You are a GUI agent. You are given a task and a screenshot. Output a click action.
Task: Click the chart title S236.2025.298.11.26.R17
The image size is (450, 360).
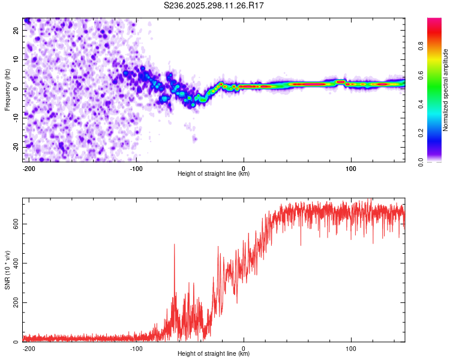coord(214,5)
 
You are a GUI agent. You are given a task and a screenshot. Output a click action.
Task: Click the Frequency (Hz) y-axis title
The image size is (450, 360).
coord(7,89)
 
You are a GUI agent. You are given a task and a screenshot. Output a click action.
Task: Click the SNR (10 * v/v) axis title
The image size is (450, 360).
coord(7,271)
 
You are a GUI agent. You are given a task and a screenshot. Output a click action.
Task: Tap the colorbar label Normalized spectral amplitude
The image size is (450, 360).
coord(446,90)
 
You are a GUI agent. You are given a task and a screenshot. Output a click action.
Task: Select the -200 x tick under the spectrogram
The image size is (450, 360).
coord(28,167)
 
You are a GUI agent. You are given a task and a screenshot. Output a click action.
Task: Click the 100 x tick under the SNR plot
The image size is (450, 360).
coord(351,347)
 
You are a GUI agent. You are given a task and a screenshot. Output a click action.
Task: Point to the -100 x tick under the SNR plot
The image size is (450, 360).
coord(136,347)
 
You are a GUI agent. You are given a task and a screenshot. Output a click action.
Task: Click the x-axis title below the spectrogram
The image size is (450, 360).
coord(214,174)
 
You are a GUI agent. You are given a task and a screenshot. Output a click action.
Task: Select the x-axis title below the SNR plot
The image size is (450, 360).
coord(214,354)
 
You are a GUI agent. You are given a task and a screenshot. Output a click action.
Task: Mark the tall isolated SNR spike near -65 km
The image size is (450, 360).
coord(175,245)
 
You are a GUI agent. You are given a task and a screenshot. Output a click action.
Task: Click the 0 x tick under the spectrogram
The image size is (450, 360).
coord(244,167)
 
